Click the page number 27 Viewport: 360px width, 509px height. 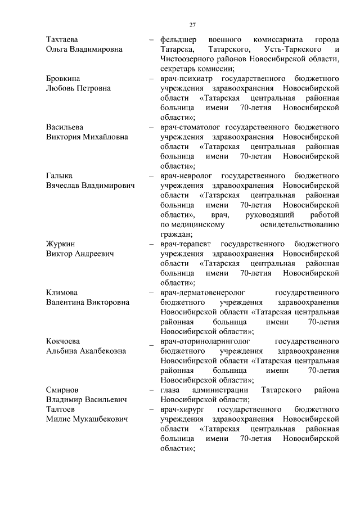(x=192, y=25)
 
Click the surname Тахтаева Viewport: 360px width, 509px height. (x=62, y=40)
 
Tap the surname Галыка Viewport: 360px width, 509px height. (x=58, y=176)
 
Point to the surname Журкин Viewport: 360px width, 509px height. (x=60, y=244)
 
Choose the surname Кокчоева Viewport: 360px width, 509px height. (x=62, y=341)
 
